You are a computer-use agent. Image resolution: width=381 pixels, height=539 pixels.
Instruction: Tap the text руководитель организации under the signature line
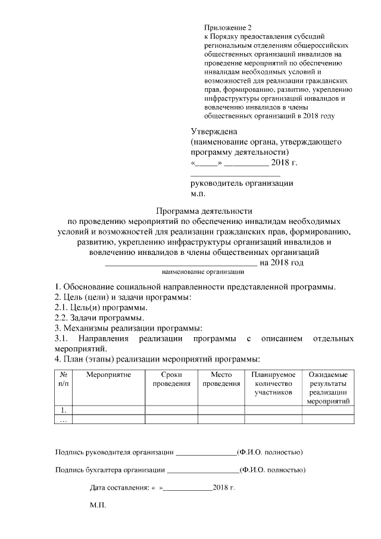tap(242, 183)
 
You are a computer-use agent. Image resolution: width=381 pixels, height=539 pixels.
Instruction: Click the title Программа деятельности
tap(204, 211)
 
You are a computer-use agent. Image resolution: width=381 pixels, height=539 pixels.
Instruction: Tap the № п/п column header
tap(63, 379)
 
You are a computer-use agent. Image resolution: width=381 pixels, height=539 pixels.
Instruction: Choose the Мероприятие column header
tap(108, 375)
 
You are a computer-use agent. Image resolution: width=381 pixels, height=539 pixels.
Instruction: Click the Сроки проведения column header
tap(171, 379)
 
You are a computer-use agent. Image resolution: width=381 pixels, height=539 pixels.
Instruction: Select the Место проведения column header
tap(221, 379)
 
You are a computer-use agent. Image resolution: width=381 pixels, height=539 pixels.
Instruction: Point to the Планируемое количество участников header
tap(273, 384)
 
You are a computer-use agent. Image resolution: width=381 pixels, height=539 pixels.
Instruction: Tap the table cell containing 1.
tap(63, 410)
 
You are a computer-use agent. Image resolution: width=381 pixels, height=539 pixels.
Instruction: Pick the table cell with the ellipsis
tap(63, 419)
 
